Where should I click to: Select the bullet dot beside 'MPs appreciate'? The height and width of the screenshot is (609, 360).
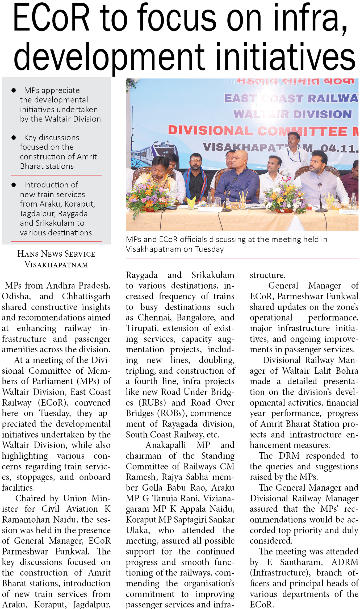pos(14,91)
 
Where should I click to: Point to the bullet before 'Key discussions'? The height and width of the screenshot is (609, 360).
pos(14,138)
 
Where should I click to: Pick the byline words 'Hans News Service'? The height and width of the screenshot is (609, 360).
pos(56,254)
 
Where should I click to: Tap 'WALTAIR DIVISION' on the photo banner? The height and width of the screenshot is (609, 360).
pos(292,114)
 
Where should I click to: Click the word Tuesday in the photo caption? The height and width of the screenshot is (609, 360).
pos(209,249)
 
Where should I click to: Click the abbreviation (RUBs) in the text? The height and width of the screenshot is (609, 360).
pos(152,403)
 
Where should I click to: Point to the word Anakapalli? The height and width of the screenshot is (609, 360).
pos(166,445)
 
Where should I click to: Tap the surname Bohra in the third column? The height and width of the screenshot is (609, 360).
pos(347,371)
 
